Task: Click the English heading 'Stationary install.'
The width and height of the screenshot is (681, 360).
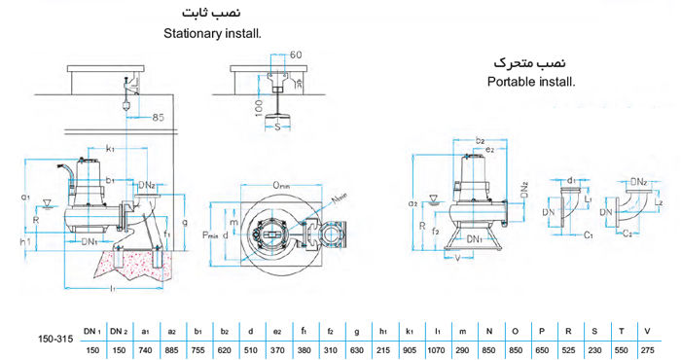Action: point(213,33)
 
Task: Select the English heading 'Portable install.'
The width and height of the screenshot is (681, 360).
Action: point(531,82)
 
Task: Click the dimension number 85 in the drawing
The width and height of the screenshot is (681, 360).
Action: point(157,118)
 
